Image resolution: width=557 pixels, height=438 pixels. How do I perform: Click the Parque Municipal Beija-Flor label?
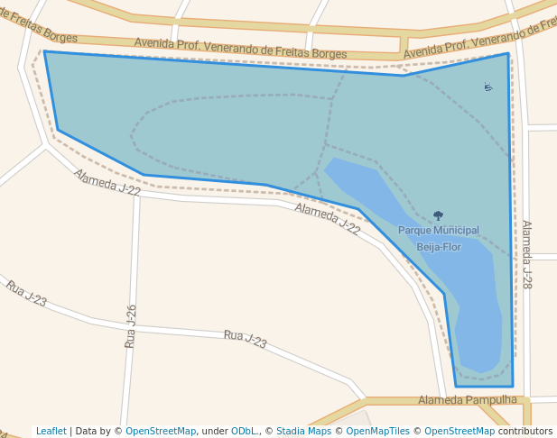click(x=439, y=238)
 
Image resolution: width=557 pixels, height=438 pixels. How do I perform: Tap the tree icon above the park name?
click(x=439, y=216)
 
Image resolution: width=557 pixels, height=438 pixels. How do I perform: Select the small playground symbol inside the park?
click(x=487, y=87)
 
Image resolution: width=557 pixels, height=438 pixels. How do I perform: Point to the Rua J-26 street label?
click(x=131, y=326)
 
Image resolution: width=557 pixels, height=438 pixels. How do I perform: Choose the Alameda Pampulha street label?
click(x=468, y=399)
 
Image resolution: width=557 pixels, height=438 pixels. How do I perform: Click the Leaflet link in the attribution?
click(x=51, y=431)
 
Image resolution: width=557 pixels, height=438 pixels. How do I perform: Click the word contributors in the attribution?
click(x=525, y=431)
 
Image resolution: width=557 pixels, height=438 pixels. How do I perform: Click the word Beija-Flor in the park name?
click(x=439, y=247)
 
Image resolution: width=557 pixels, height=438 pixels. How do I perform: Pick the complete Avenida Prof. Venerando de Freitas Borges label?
click(x=240, y=49)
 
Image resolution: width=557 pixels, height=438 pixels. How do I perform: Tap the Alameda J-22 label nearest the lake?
click(x=328, y=219)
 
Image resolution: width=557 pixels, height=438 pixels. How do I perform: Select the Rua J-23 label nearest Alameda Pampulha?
click(x=246, y=340)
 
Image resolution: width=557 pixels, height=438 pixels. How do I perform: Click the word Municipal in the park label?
click(x=455, y=231)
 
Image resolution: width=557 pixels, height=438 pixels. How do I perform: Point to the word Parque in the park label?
click(x=413, y=231)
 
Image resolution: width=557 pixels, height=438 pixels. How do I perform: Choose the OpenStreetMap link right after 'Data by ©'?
click(x=161, y=431)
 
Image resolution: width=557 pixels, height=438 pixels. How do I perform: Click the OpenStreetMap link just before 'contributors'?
click(x=460, y=431)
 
